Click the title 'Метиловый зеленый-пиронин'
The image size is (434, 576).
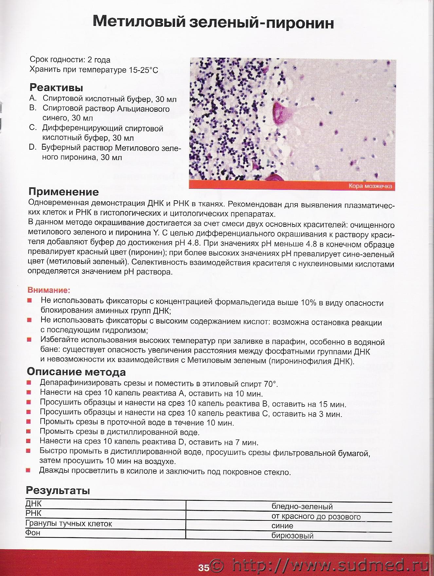click(213, 23)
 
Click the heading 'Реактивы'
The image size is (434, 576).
click(56, 88)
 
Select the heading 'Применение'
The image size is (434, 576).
click(63, 191)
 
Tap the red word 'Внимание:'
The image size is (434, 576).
click(49, 290)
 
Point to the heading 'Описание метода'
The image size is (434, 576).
click(76, 372)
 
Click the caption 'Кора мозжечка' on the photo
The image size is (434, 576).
click(370, 187)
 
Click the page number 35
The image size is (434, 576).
click(203, 568)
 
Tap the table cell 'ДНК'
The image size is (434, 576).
click(34, 504)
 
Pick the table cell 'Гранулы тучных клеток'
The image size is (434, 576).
click(69, 524)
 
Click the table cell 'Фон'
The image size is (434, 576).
click(33, 533)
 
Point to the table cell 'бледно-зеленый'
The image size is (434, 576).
click(302, 506)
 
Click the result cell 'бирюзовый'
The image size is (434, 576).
click(292, 535)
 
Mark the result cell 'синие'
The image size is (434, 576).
click(282, 526)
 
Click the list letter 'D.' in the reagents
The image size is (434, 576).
click(33, 147)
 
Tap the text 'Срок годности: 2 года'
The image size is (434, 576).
click(70, 60)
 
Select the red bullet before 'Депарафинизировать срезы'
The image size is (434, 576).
click(29, 383)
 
